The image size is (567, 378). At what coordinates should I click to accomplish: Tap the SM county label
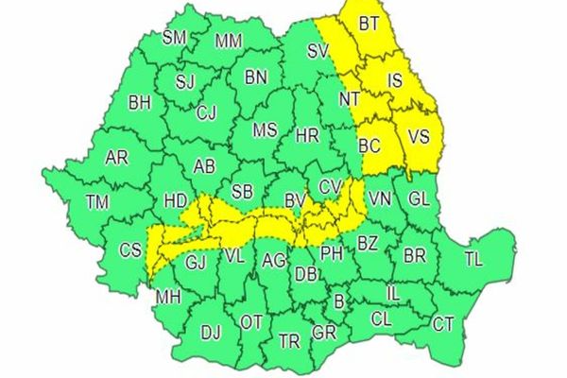click(x=175, y=38)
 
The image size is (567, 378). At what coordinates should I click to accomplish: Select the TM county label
click(x=96, y=200)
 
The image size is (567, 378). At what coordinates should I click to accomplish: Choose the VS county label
click(x=418, y=137)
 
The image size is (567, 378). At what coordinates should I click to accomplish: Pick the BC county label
click(x=370, y=146)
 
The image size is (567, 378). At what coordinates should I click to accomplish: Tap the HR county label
click(x=307, y=137)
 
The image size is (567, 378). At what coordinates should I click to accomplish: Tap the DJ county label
click(x=211, y=332)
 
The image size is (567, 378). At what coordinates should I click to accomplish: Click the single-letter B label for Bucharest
click(x=339, y=301)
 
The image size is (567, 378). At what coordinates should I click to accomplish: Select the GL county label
click(x=419, y=199)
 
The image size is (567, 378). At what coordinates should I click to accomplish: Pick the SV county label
click(x=318, y=50)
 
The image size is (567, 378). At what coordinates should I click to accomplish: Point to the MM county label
click(x=228, y=41)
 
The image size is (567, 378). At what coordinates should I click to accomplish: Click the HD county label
click(x=175, y=201)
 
